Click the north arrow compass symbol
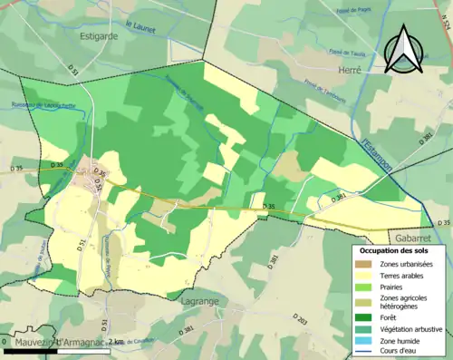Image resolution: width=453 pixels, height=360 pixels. [404, 49]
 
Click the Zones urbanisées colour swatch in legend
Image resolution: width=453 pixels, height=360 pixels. [366, 263]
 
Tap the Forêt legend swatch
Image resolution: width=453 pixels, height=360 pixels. [366, 317]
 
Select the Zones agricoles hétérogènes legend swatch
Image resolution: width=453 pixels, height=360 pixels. [366, 301]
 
